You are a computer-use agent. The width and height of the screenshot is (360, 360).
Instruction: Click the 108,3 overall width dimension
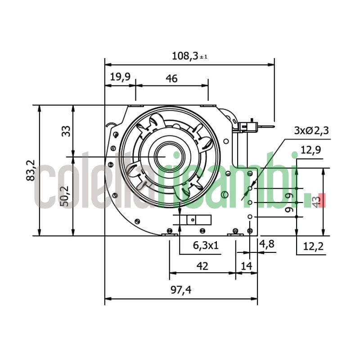tap(185, 56)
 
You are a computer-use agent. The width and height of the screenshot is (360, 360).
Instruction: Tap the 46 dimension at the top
tap(171, 79)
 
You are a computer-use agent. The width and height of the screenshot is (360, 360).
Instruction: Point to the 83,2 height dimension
tap(31, 170)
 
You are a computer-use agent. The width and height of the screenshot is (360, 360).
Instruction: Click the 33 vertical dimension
tap(66, 131)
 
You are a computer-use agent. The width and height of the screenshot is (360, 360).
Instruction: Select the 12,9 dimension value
tap(310, 150)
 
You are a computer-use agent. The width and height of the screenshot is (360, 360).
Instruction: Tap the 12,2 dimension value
tap(314, 246)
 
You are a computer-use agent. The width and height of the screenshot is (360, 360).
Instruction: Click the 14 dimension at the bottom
tap(246, 266)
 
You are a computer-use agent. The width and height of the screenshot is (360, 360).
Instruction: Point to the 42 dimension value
tap(202, 266)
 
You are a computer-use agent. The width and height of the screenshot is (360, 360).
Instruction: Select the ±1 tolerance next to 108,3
tap(203, 57)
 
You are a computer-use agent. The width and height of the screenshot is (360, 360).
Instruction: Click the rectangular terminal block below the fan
tap(195, 220)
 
